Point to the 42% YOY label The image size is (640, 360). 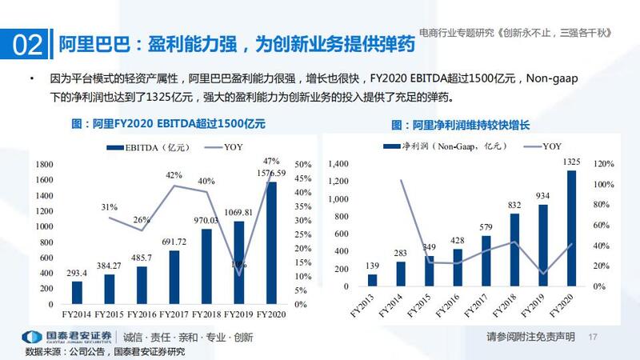[x=174, y=175]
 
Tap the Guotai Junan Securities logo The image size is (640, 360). [x=67, y=336]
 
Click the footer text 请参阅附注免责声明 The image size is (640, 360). [x=530, y=336]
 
